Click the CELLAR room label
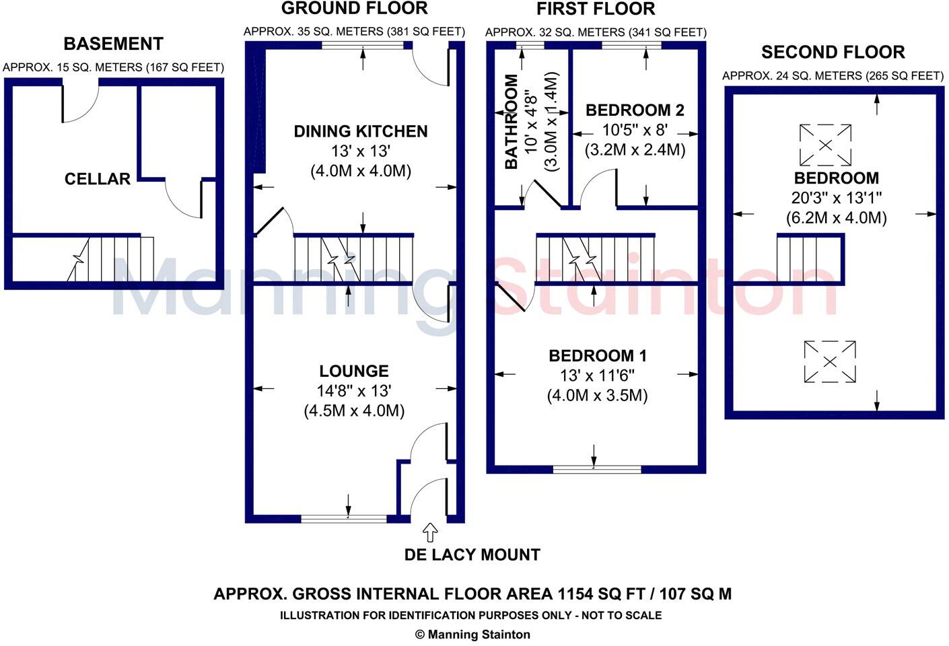[x=98, y=179]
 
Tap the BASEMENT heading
[x=113, y=44]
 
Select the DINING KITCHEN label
[x=361, y=131]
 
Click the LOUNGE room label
[x=354, y=371]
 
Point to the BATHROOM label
[x=512, y=122]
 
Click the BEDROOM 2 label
[x=635, y=110]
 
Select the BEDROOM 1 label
[x=596, y=356]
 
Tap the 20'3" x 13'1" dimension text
[x=836, y=198]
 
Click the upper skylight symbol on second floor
[x=825, y=145]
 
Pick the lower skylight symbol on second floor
[x=830, y=362]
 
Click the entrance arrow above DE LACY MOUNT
[x=429, y=533]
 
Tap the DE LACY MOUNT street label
[x=472, y=555]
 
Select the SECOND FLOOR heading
[x=833, y=52]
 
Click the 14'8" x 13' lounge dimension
[x=354, y=391]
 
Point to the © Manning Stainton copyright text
[x=472, y=635]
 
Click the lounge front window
[x=344, y=518]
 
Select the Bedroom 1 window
[x=597, y=468]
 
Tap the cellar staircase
[x=111, y=259]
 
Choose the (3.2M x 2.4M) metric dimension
[x=635, y=149]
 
